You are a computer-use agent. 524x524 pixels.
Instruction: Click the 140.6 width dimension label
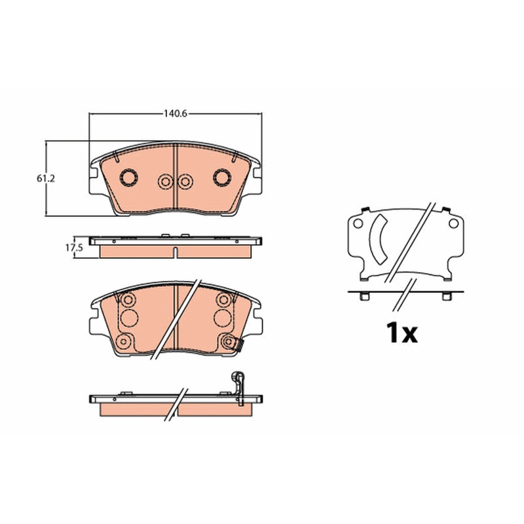[176, 114]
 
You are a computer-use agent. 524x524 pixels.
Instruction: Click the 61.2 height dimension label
[46, 179]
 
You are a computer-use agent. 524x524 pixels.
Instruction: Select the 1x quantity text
[402, 333]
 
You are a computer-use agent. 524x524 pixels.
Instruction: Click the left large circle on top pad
[128, 178]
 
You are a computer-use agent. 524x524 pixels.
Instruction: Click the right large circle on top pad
[222, 178]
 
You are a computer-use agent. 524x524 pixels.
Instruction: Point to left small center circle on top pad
[166, 182]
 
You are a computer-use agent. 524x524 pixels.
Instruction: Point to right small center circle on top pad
[185, 182]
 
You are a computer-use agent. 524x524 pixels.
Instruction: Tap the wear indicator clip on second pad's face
[238, 345]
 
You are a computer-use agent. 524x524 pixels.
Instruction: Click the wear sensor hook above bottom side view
[238, 388]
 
